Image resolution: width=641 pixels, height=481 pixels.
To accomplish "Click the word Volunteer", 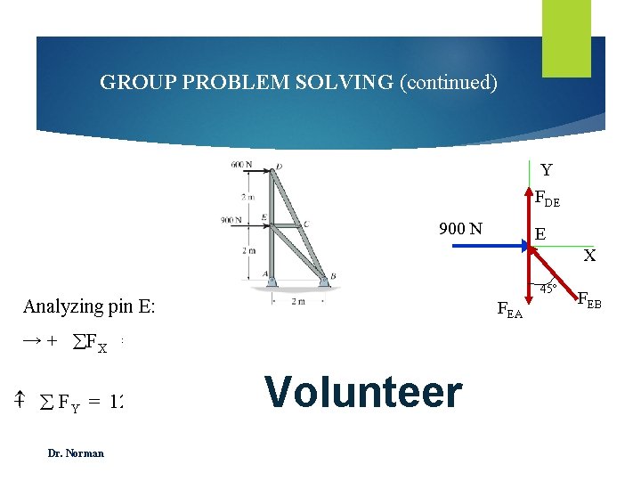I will (363, 393).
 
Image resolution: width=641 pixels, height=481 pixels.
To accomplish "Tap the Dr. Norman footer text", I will (76, 452).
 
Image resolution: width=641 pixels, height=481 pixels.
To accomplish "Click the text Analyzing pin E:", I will (89, 307).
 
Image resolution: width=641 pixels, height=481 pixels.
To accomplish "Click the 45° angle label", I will (548, 288).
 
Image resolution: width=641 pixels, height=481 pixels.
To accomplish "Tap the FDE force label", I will (547, 200).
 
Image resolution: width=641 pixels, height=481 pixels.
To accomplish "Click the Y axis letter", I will (546, 169).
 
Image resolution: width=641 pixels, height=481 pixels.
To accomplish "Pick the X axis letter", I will (589, 257).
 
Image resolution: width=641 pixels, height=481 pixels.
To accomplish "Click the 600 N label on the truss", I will (240, 164).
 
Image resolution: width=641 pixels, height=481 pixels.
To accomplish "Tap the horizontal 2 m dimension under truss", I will (298, 301).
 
